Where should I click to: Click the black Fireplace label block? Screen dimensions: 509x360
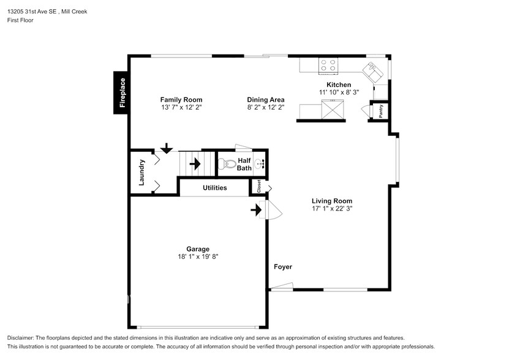(120, 92)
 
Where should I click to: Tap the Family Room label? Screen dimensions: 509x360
(181, 100)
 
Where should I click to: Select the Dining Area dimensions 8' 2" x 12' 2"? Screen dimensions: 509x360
(266, 107)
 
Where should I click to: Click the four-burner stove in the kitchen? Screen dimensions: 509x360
(328, 65)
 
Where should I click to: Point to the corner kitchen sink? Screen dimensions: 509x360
(373, 72)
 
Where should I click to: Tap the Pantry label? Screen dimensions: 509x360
(381, 111)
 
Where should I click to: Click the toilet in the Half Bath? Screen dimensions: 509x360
(227, 164)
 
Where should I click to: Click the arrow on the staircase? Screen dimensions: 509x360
(195, 164)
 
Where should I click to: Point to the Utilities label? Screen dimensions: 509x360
(215, 187)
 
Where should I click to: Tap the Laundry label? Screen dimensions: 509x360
(141, 173)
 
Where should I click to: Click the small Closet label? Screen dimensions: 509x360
(258, 186)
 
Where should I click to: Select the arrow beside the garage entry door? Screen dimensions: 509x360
(256, 210)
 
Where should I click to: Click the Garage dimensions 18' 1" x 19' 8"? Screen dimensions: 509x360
(198, 257)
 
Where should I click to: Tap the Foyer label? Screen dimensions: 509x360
(283, 267)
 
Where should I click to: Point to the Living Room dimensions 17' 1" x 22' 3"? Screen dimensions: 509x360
(332, 208)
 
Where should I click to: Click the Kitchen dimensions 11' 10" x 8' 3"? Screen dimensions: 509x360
(339, 92)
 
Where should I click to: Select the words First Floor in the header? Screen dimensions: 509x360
(20, 20)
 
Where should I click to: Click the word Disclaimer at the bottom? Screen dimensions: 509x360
(20, 338)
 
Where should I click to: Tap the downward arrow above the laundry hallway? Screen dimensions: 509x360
(167, 148)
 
